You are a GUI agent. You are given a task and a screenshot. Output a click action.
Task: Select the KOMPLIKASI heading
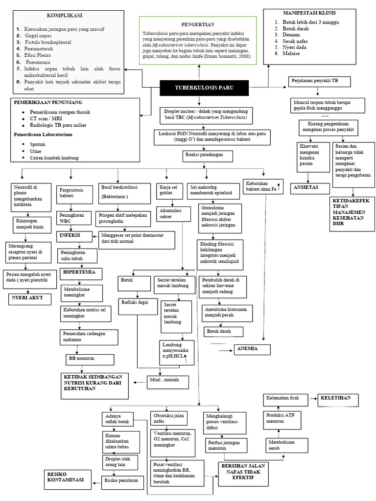click(65, 16)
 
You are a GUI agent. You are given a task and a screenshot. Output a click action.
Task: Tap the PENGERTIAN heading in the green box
click(198, 23)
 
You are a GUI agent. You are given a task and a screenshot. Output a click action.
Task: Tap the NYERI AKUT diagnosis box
click(28, 297)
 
